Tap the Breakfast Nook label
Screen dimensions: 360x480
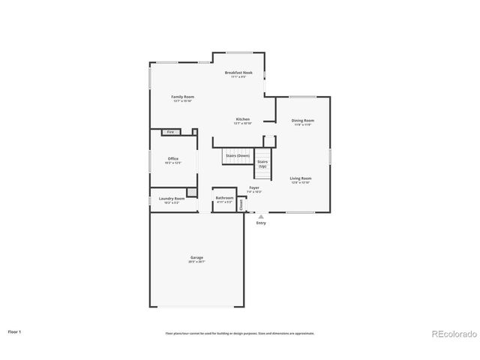point(238,73)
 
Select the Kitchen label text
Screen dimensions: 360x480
point(243,119)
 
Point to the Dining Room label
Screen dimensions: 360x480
point(302,120)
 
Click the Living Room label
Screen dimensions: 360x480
point(300,178)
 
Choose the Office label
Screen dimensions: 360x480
point(172,159)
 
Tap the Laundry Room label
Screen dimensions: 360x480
point(171,199)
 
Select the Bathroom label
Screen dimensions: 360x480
point(224,198)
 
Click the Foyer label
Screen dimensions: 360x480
point(254,187)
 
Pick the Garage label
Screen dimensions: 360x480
point(196,258)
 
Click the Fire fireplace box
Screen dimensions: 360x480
point(171,132)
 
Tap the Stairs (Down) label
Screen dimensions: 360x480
point(237,155)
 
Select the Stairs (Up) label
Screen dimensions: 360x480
point(262,163)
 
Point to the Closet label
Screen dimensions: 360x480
point(241,203)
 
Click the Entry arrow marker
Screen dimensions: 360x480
point(261,217)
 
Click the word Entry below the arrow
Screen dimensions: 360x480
point(261,223)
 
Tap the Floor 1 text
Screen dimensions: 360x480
point(14,331)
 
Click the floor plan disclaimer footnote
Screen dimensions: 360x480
point(240,333)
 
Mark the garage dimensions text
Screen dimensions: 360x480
point(196,262)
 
